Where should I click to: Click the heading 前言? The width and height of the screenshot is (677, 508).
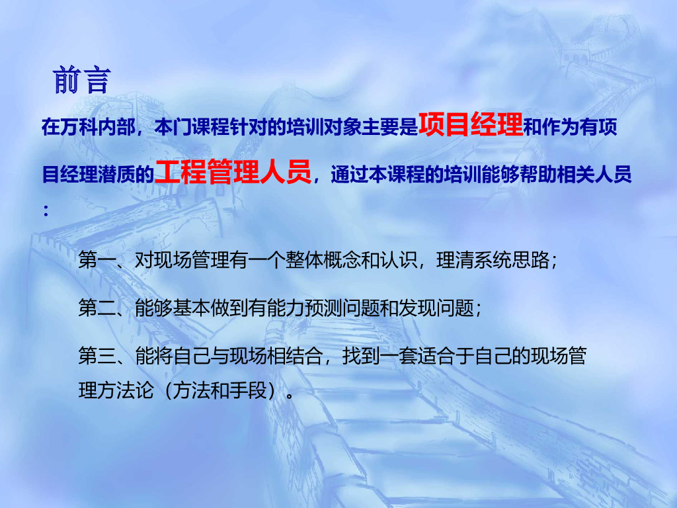(81, 80)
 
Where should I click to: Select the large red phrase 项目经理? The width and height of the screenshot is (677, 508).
(471, 124)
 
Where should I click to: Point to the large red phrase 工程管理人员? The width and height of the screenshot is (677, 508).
(233, 172)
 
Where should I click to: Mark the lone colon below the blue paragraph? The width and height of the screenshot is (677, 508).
(46, 211)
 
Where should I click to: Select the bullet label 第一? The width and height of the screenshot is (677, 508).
(97, 260)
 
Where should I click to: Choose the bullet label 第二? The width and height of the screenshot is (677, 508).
(97, 308)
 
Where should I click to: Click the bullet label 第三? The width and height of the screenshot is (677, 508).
(97, 356)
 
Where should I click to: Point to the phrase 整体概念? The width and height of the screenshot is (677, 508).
(323, 260)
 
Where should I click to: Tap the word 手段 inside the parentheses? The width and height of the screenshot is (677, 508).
(249, 390)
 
